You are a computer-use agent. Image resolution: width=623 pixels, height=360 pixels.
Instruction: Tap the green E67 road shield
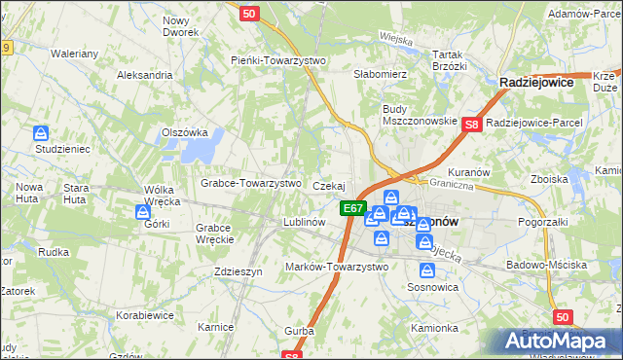351,208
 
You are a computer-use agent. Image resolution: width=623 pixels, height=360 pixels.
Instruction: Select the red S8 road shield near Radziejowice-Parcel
472,124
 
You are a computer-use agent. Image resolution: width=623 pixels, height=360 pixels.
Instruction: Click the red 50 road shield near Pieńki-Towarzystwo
248,14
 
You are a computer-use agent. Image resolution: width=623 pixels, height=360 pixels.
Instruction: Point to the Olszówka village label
185,132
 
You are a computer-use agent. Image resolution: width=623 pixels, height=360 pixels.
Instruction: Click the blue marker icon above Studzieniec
40,133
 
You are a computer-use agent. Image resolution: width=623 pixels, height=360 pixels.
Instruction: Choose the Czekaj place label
329,185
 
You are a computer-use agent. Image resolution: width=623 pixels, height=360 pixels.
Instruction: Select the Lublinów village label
304,222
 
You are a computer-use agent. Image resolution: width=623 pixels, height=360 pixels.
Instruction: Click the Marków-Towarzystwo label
335,267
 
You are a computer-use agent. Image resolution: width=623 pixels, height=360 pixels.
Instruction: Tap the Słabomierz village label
380,74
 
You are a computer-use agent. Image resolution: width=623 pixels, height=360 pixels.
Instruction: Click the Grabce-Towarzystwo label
250,183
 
